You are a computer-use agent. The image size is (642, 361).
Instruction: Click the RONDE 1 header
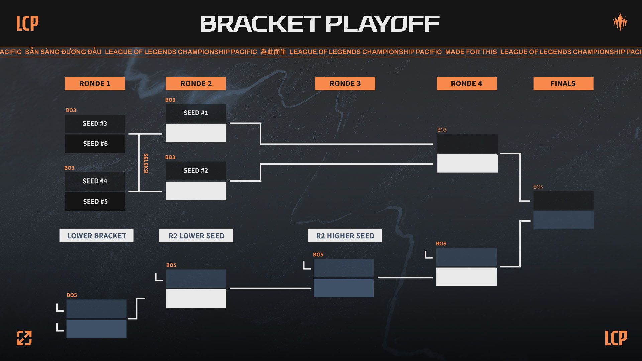(x=95, y=84)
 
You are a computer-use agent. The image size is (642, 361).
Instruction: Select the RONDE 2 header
(x=196, y=84)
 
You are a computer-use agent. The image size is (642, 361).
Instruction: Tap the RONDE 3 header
(x=345, y=84)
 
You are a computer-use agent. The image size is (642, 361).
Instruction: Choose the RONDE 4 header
(x=466, y=84)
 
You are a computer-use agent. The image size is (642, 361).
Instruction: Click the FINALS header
(x=563, y=84)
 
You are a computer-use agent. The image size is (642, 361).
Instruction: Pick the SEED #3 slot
(x=95, y=124)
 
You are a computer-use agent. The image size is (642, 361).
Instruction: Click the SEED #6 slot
(x=95, y=144)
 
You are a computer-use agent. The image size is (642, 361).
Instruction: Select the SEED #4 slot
(x=95, y=181)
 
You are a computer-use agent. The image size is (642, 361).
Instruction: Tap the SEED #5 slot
(x=95, y=201)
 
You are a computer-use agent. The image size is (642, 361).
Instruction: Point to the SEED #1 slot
(x=196, y=113)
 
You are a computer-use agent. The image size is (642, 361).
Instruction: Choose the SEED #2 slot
(x=196, y=171)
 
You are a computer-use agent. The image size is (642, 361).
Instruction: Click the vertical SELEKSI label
(x=146, y=163)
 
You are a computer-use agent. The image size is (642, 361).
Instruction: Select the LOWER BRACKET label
(x=96, y=236)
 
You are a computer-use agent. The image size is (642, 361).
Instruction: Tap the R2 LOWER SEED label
(x=196, y=236)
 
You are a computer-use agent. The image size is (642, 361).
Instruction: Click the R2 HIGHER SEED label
(x=345, y=236)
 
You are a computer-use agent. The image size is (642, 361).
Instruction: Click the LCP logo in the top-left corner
(x=27, y=23)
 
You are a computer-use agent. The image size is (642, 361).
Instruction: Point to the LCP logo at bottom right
(x=616, y=338)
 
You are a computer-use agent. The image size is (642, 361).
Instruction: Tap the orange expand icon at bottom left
(x=24, y=338)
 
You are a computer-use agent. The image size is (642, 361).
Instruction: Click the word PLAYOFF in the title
(x=382, y=24)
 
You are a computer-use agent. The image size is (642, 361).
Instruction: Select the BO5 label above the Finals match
(x=538, y=187)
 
